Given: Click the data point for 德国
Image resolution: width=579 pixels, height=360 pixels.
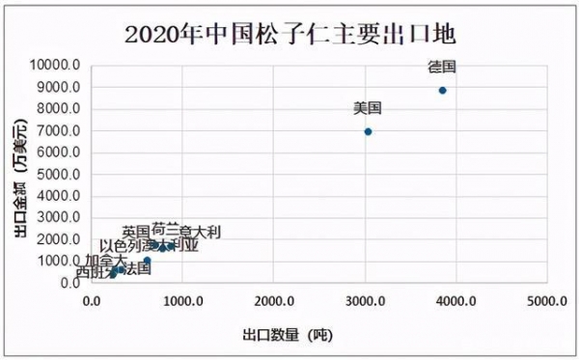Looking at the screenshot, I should coord(442,91).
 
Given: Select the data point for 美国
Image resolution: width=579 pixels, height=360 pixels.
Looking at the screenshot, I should coord(368,131).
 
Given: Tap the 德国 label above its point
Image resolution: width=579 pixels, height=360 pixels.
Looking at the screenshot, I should coord(442,68).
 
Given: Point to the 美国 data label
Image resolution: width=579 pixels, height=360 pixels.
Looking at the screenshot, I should coord(368,108).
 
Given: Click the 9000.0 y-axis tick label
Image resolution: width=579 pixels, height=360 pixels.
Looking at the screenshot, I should coord(59,88).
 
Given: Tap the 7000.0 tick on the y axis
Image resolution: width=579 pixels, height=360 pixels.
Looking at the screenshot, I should coord(59,131).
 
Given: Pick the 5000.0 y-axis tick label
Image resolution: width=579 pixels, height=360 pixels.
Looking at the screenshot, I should coord(59,175).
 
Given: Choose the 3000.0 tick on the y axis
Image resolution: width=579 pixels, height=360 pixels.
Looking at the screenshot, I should coord(59,218).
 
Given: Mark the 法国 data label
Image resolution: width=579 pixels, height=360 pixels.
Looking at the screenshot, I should coord(138,268).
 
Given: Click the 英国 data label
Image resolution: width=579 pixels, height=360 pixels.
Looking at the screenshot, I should coord(136,232).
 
